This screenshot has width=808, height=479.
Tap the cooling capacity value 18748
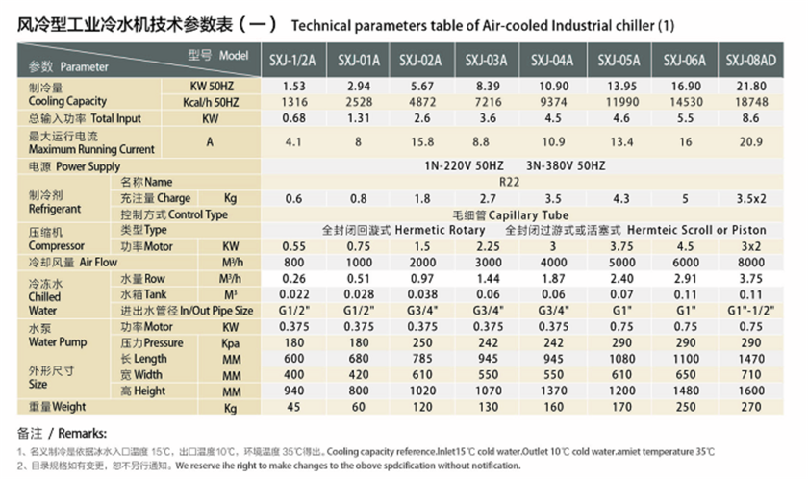pyautogui.click(x=751, y=102)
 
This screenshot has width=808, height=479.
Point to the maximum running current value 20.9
pyautogui.click(x=751, y=141)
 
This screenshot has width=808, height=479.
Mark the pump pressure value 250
pyautogui.click(x=421, y=342)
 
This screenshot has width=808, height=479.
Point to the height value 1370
pyautogui.click(x=553, y=391)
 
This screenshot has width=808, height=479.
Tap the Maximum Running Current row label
pyautogui.click(x=79, y=149)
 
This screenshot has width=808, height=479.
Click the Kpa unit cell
pyautogui.click(x=231, y=342)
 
